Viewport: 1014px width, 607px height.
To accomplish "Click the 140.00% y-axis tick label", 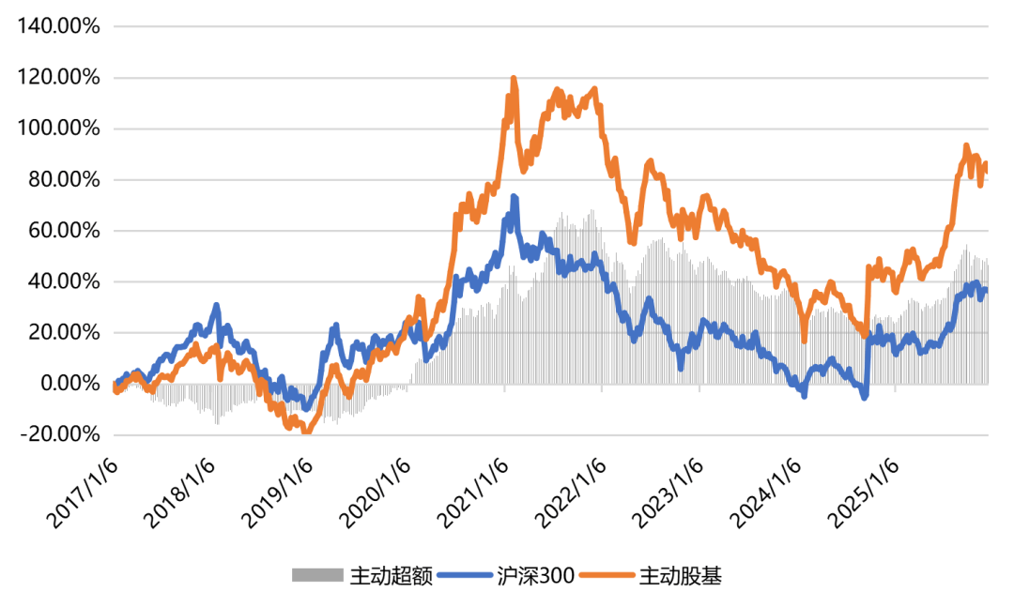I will coord(57,27).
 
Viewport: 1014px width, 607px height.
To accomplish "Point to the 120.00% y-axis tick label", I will coord(57,78).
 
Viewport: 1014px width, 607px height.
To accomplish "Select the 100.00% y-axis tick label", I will coord(57,129).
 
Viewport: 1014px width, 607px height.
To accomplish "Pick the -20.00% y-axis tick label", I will coord(59,433).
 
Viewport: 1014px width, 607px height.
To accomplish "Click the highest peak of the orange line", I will coord(514,79).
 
